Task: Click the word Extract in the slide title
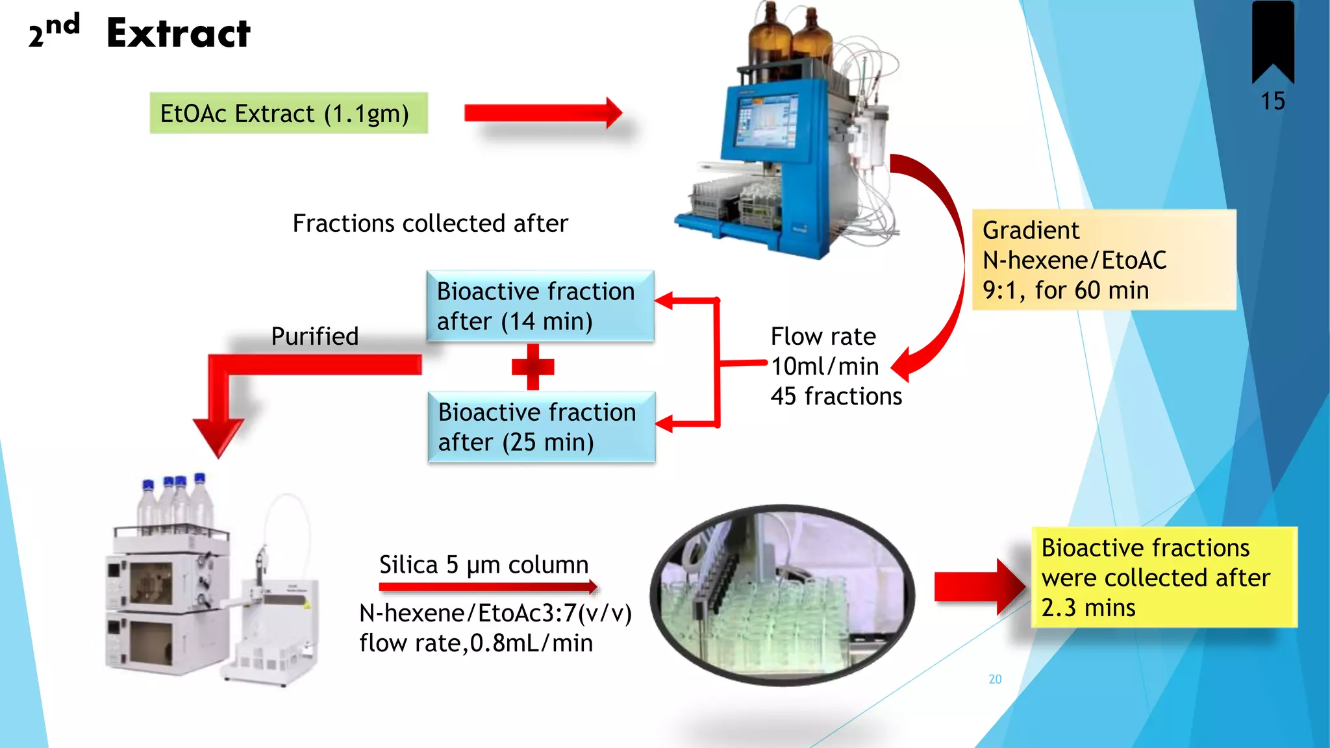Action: (x=179, y=34)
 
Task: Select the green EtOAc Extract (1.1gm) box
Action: (x=288, y=114)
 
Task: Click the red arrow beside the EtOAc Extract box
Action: (x=542, y=113)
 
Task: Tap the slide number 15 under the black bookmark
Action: (x=1273, y=101)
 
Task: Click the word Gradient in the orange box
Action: (x=1031, y=231)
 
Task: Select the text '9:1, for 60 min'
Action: (x=1066, y=290)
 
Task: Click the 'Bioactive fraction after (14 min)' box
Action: (x=540, y=306)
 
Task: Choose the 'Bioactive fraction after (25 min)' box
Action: (x=541, y=427)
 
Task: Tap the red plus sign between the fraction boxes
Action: (x=533, y=367)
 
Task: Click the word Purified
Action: (x=315, y=336)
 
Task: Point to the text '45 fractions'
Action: (x=836, y=396)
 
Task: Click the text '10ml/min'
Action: (x=825, y=366)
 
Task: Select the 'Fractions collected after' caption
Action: (x=430, y=223)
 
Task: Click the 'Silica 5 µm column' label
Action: (x=484, y=565)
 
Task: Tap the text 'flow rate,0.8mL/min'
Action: (x=476, y=643)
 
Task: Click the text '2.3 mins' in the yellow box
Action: (x=1088, y=608)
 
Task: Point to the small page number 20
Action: (x=995, y=679)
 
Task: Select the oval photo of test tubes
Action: (x=782, y=594)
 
